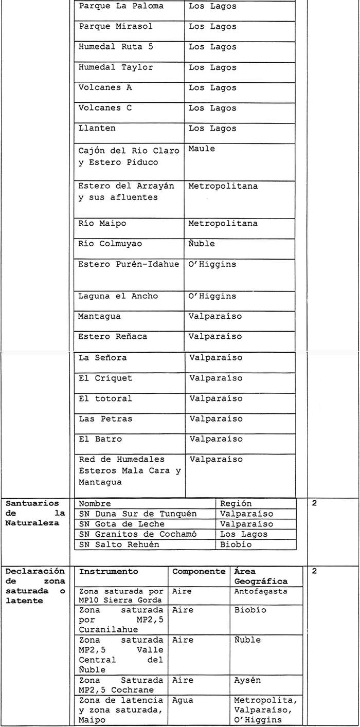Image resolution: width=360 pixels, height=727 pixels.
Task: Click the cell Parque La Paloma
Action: click(x=121, y=6)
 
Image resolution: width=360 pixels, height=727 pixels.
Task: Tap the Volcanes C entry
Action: click(x=105, y=108)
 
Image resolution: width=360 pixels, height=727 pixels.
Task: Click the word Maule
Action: click(x=202, y=149)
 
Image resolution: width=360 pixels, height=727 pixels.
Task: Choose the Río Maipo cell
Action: click(x=102, y=224)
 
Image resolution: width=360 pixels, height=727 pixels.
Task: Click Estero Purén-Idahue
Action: click(x=129, y=264)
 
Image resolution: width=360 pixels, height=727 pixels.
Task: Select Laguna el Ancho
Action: click(x=118, y=296)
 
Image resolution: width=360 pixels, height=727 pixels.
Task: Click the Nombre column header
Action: click(x=95, y=504)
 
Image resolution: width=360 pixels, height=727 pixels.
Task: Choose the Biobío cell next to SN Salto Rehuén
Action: click(x=236, y=544)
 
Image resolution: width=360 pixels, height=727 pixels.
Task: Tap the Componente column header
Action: click(x=199, y=572)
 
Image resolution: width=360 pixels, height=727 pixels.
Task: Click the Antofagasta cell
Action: click(x=261, y=591)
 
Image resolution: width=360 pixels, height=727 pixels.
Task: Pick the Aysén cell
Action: click(x=247, y=680)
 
